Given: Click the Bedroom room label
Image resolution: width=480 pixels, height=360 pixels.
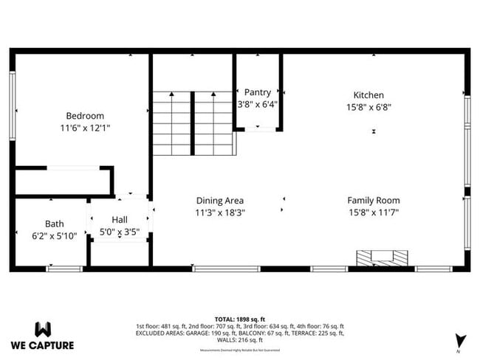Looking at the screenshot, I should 85,116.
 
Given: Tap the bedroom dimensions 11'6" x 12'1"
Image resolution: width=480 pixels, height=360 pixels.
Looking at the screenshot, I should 85,128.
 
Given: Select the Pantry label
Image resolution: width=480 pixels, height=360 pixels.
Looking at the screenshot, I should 258,93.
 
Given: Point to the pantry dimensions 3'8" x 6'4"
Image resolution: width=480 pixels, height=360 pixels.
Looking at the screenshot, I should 258,105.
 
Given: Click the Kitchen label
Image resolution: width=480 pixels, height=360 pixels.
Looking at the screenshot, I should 368,95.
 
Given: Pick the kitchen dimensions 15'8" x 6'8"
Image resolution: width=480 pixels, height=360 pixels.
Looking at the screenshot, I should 368,107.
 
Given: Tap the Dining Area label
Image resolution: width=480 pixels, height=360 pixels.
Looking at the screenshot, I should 219,201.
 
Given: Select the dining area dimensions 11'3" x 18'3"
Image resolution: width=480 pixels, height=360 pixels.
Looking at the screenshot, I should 219,212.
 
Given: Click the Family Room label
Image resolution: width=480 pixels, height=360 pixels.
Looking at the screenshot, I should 374,201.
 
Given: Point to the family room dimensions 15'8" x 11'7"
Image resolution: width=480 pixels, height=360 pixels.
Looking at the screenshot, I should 374,212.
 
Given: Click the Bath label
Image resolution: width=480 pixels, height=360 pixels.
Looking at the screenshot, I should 55,224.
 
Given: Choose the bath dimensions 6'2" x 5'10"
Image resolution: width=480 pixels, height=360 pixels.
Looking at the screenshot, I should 55,235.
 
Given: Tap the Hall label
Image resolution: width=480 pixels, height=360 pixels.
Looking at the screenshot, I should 120,220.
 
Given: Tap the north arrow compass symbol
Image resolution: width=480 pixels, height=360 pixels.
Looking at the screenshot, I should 461,340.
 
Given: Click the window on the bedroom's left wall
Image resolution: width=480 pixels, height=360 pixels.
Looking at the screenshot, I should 12,97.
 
